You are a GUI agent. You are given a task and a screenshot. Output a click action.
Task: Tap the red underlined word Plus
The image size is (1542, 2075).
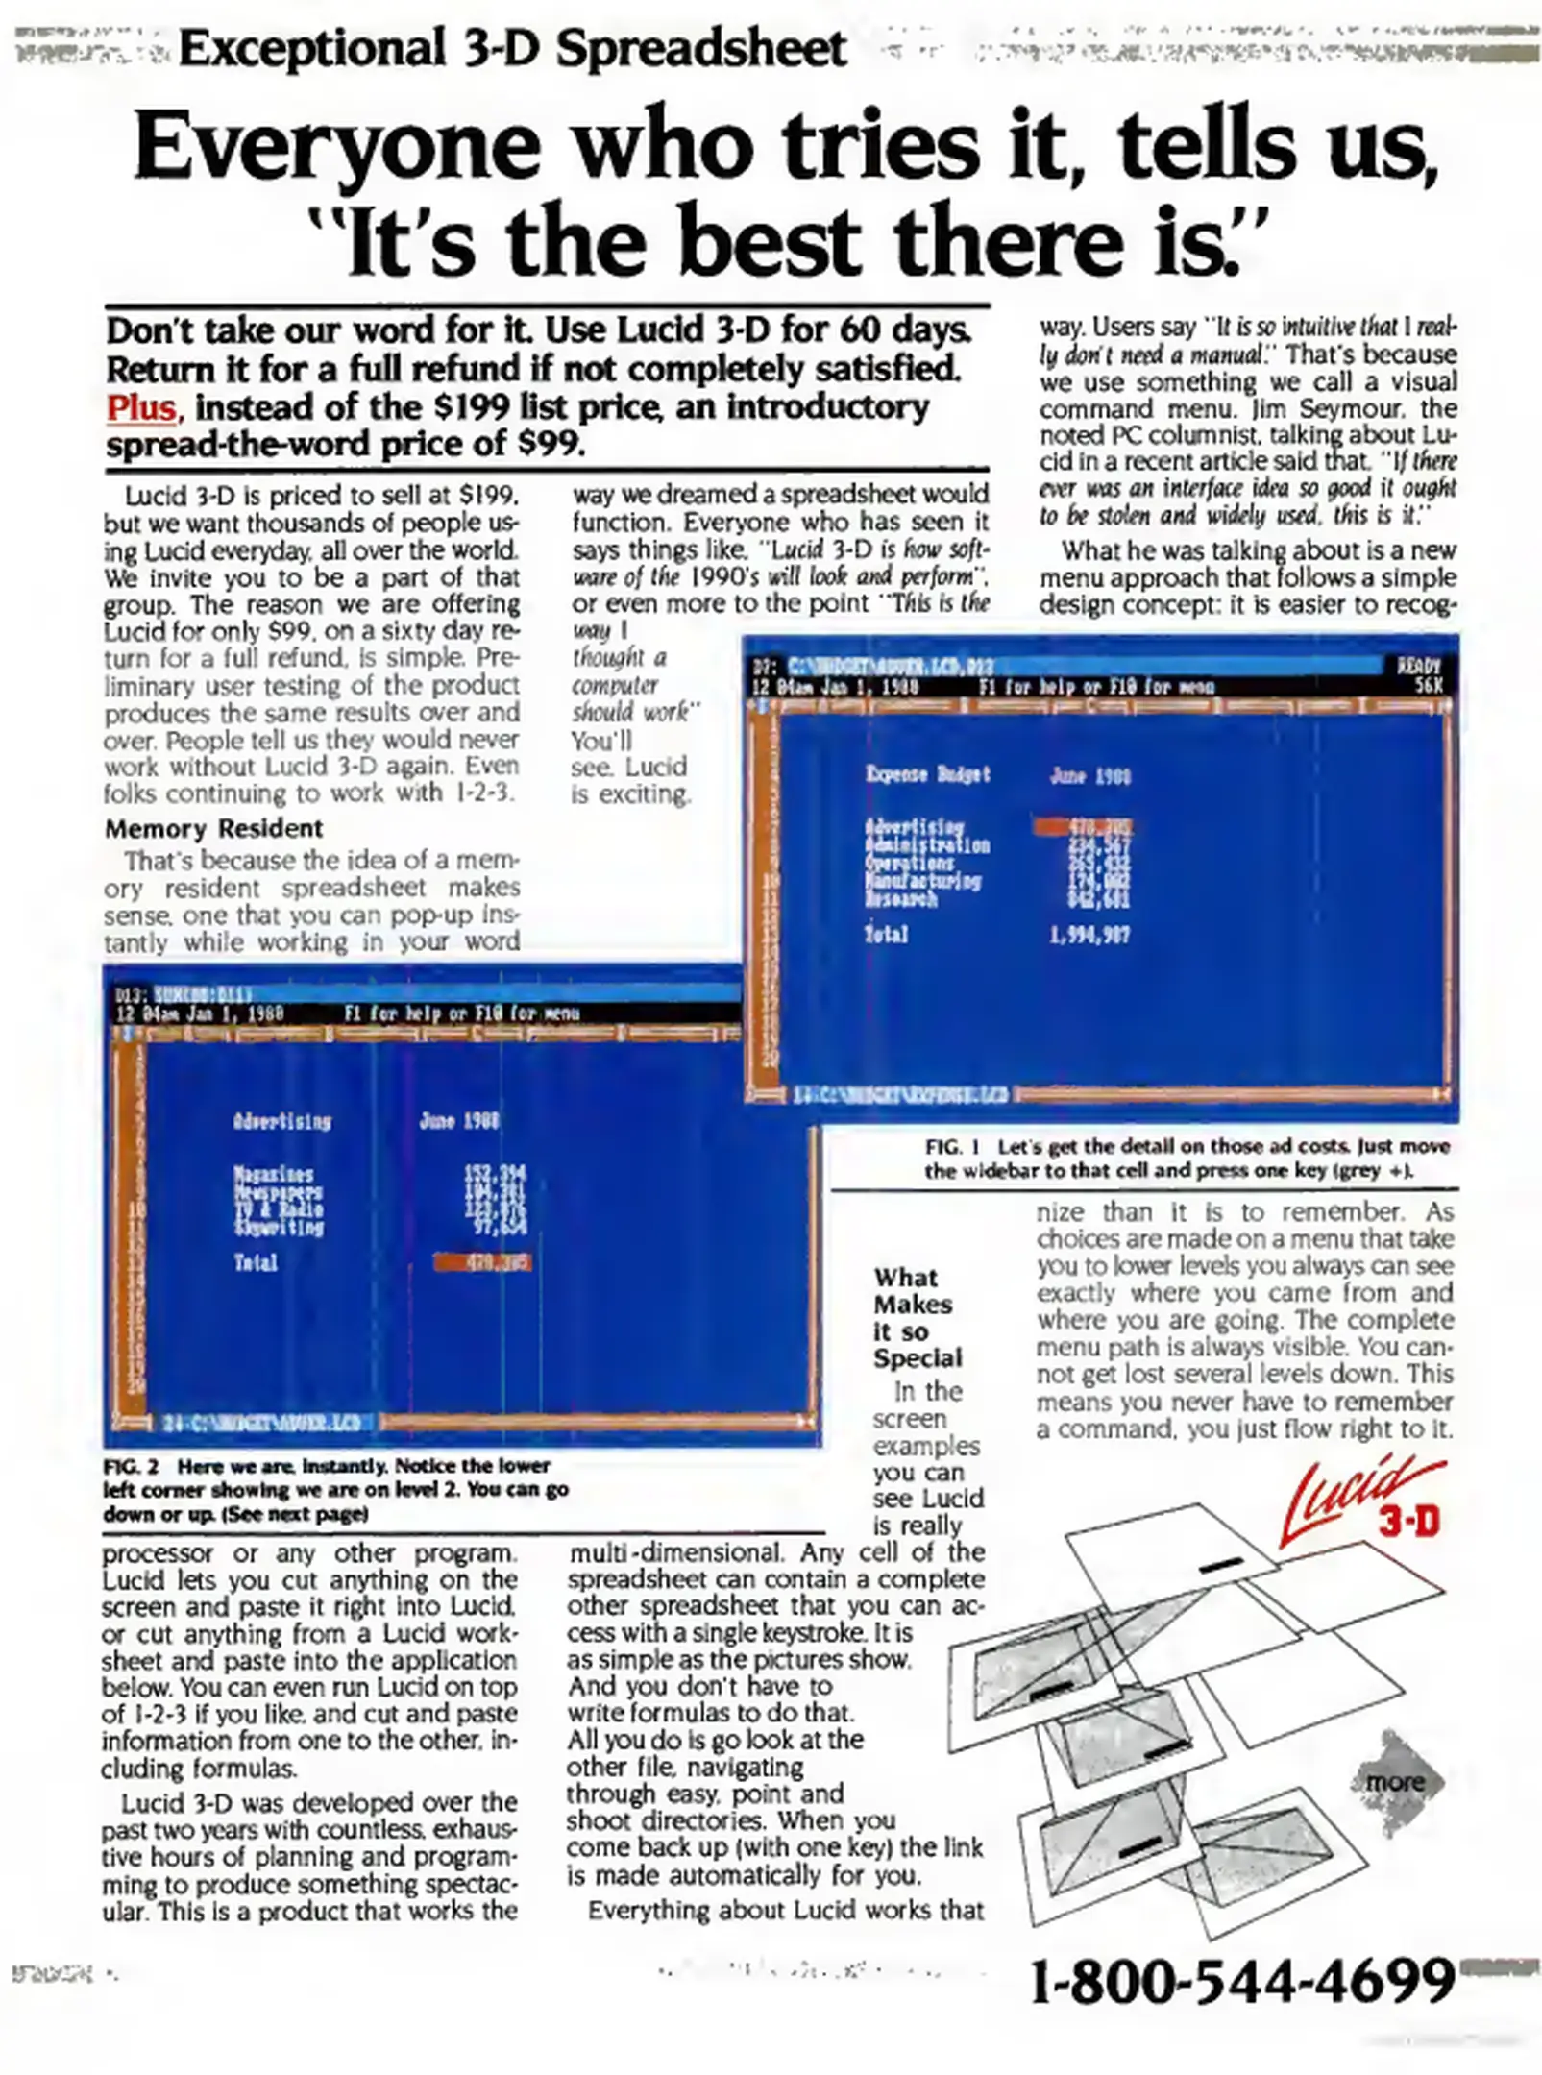coord(141,408)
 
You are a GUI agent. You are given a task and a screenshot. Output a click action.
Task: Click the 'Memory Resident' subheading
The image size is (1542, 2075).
coord(213,828)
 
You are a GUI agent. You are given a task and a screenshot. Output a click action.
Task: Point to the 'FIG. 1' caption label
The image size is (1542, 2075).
coord(951,1146)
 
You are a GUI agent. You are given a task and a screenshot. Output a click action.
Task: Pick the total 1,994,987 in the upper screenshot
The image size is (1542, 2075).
coord(1089,934)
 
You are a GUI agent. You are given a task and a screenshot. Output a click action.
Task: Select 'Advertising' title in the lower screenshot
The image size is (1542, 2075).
coord(281,1121)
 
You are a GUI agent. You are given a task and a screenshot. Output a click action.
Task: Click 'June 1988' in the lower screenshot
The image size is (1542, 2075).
coord(459,1121)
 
